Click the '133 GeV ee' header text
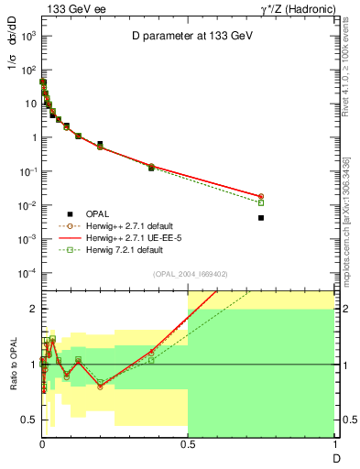click(74, 8)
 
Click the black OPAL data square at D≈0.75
click(261, 218)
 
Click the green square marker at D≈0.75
click(261, 202)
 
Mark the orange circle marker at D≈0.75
click(261, 196)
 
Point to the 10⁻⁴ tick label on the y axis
click(27, 273)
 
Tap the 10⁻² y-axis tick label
click(27, 205)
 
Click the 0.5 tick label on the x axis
click(187, 444)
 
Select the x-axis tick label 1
click(333, 444)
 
